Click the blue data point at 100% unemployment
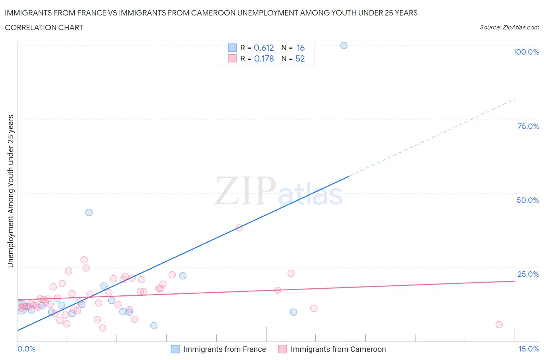coord(344,45)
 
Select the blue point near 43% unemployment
coord(89,212)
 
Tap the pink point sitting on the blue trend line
coord(239,228)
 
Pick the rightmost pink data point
coord(499,324)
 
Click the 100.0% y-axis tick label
coord(526,52)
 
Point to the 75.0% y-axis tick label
coord(528,126)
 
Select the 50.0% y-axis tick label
coord(528,200)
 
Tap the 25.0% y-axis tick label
coord(528,274)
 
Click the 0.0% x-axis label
coord(26,349)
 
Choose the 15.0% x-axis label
coord(529,349)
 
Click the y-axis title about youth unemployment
coord(10,191)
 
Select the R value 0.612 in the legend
coord(264,48)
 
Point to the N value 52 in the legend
coord(300,58)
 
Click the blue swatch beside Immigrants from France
coord(175,349)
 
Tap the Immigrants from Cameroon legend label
coord(338,349)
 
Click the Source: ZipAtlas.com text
coord(509,27)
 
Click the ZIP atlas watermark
coord(279,191)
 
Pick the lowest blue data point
coord(154,326)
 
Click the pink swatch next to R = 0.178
coord(232,58)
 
